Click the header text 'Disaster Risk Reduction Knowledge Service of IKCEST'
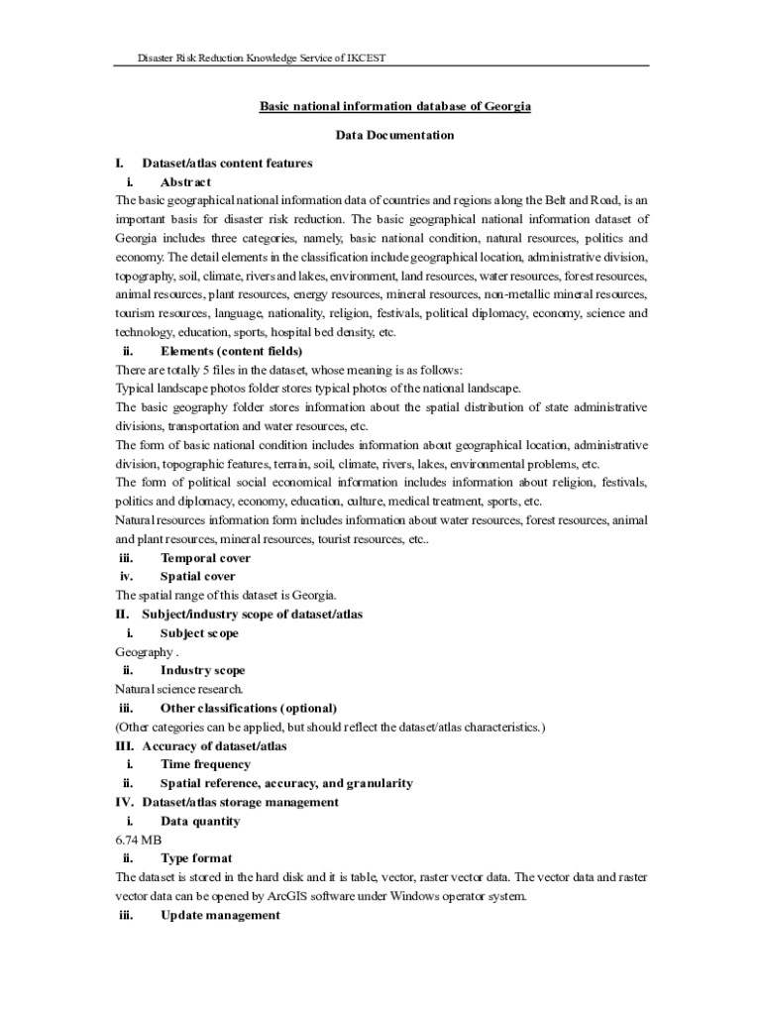tap(262, 58)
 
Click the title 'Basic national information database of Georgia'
tap(394, 106)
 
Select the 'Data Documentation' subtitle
tap(394, 135)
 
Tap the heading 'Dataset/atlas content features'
tap(227, 163)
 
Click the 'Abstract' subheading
tap(185, 182)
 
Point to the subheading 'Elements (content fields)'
tap(231, 351)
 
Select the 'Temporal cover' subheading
tap(205, 558)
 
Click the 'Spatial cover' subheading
tap(198, 577)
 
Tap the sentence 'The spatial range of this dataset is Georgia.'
tap(226, 596)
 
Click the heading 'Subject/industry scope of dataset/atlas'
tap(252, 615)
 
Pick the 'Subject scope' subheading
tap(199, 633)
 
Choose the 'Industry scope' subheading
tap(202, 671)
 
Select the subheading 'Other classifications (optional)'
tap(248, 708)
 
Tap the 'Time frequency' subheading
tap(205, 764)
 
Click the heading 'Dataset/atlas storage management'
tap(240, 802)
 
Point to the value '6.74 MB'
tap(138, 840)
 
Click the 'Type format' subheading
tap(196, 858)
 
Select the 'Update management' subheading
tap(220, 916)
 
